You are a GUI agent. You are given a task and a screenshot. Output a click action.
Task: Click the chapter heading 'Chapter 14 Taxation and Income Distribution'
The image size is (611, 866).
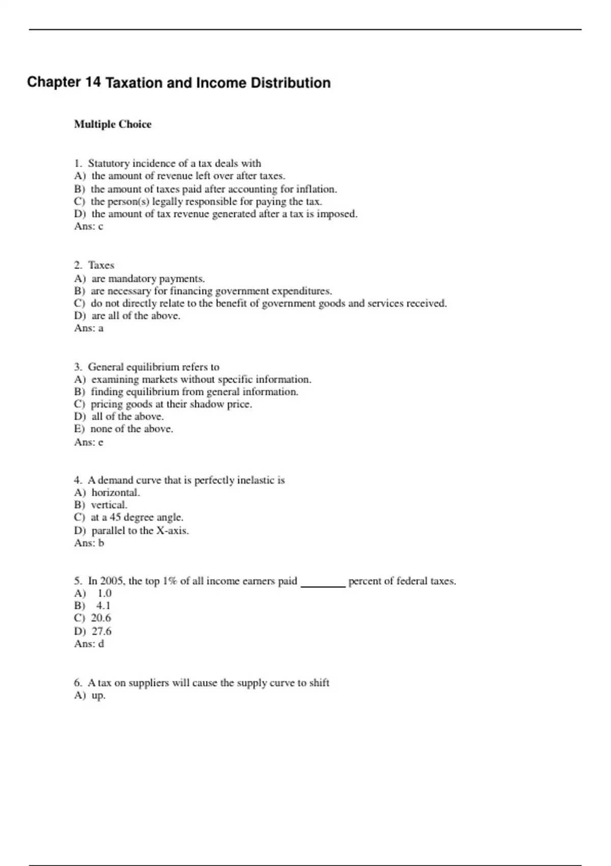click(179, 83)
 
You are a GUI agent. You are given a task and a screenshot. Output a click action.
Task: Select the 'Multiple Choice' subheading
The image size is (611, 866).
click(113, 124)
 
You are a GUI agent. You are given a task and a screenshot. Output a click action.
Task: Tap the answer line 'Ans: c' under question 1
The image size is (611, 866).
click(89, 227)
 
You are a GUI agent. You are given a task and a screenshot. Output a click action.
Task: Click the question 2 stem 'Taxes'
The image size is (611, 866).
click(101, 265)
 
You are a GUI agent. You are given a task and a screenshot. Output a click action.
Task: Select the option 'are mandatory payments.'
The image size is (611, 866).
click(148, 279)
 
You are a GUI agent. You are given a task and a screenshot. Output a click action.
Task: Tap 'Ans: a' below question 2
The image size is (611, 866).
click(89, 328)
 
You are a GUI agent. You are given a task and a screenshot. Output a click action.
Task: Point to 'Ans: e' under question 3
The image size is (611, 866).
click(89, 442)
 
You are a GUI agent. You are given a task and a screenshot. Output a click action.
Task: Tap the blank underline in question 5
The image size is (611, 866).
click(323, 585)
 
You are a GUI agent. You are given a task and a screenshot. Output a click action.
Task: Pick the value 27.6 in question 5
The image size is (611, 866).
click(101, 631)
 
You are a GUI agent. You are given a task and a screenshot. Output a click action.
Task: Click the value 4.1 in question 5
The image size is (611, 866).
click(103, 606)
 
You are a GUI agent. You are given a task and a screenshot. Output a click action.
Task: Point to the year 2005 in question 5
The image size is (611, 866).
click(112, 581)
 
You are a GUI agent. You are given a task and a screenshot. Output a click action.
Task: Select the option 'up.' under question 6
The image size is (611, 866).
click(98, 695)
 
